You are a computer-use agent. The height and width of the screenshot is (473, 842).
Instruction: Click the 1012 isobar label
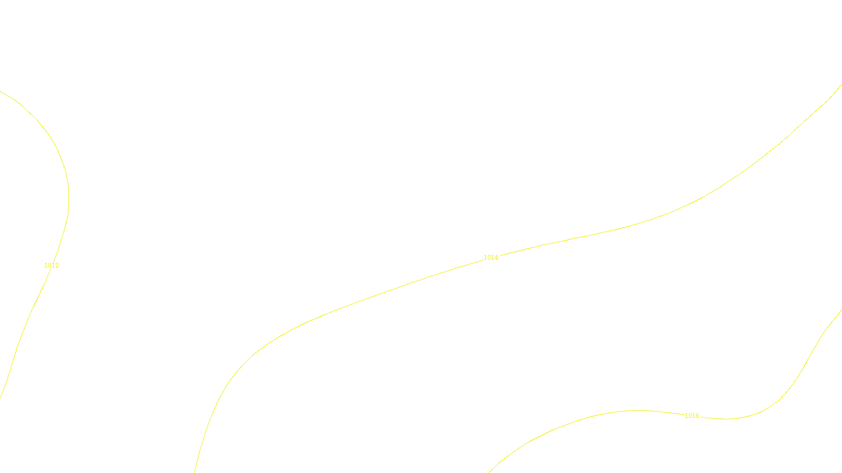[x=52, y=265]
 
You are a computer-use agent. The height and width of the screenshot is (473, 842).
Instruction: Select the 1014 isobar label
[x=491, y=258]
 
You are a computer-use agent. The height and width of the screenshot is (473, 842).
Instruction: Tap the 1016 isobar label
[x=691, y=416]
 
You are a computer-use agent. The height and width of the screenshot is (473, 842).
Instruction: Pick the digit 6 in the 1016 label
[x=697, y=416]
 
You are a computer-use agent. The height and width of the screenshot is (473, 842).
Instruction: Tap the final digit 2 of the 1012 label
[x=57, y=265]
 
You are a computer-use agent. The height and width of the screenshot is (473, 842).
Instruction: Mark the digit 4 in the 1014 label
[x=496, y=258]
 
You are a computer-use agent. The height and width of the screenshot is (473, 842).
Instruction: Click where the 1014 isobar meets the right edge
[x=841, y=84]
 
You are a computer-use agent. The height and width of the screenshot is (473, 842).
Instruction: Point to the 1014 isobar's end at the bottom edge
[x=195, y=471]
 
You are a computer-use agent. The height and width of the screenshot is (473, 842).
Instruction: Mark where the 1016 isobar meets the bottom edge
[x=489, y=471]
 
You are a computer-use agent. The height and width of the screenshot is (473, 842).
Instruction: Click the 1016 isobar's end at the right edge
[x=841, y=310]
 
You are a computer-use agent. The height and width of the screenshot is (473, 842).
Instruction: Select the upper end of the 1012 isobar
[x=1, y=92]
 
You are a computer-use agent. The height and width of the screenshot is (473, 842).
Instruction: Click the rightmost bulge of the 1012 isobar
[x=68, y=197]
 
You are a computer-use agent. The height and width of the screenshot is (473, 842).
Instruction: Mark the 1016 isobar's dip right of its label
[x=726, y=419]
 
